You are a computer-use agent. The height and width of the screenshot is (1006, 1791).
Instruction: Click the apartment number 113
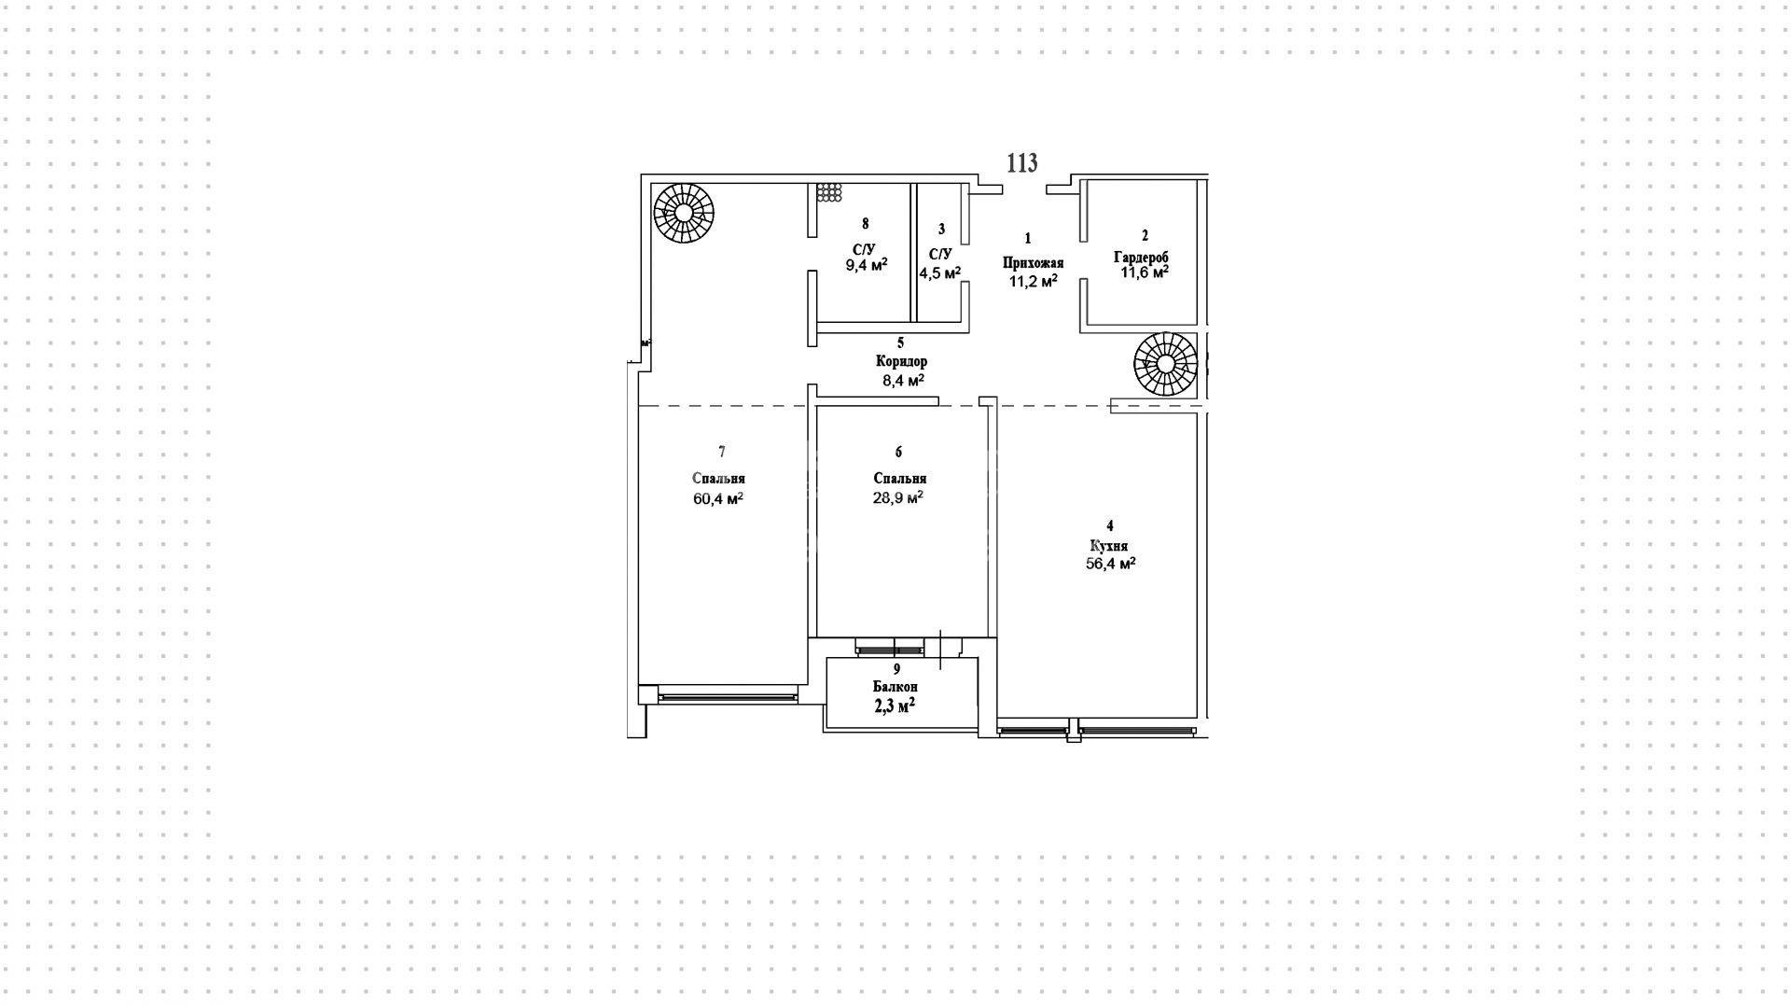click(x=1021, y=163)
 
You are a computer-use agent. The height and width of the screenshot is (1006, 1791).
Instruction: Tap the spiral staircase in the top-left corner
click(x=684, y=213)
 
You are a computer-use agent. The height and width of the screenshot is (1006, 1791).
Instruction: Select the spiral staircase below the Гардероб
click(x=1165, y=364)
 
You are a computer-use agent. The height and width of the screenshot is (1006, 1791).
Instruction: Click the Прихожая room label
click(x=1033, y=263)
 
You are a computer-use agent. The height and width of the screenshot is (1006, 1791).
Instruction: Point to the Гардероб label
click(x=1141, y=257)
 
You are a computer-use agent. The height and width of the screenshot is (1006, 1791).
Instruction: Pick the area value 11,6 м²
click(x=1145, y=272)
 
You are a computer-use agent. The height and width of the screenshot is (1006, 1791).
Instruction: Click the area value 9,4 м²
click(x=867, y=265)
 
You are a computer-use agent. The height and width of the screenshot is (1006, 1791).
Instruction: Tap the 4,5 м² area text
click(x=939, y=273)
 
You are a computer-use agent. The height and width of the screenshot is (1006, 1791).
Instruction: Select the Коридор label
click(x=901, y=361)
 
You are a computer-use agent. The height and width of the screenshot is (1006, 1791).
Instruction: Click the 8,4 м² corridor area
click(x=903, y=380)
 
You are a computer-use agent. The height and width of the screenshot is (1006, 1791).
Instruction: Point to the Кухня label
click(x=1109, y=546)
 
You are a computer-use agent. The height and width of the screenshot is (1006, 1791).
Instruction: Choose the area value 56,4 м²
click(x=1110, y=564)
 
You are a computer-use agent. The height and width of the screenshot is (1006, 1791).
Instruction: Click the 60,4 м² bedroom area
click(x=717, y=498)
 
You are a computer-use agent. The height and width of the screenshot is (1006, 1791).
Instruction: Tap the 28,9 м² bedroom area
click(x=898, y=497)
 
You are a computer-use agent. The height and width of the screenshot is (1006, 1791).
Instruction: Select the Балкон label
click(x=895, y=687)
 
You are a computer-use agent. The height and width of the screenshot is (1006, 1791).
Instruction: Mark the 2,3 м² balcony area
click(x=894, y=706)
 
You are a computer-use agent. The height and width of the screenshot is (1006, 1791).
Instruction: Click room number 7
click(x=722, y=452)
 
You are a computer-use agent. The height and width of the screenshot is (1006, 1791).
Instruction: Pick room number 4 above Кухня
click(x=1109, y=526)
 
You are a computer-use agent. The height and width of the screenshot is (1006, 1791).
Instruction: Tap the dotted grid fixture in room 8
click(x=829, y=192)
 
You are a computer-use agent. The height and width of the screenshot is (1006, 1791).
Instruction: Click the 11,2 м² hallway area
click(x=1033, y=280)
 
